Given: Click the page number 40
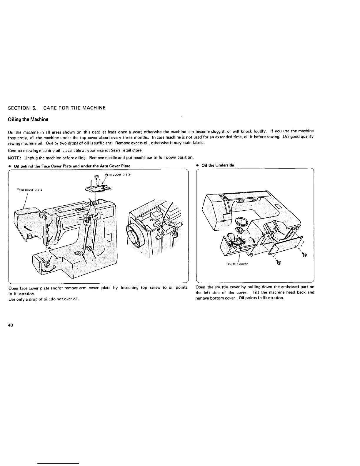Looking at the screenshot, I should pos(10,317).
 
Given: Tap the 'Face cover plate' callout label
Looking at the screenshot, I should pos(29,189).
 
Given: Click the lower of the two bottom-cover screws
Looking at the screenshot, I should pos(279,262).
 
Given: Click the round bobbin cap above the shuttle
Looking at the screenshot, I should pos(242,221).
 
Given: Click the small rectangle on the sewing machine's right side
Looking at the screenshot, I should pos(109,237).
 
